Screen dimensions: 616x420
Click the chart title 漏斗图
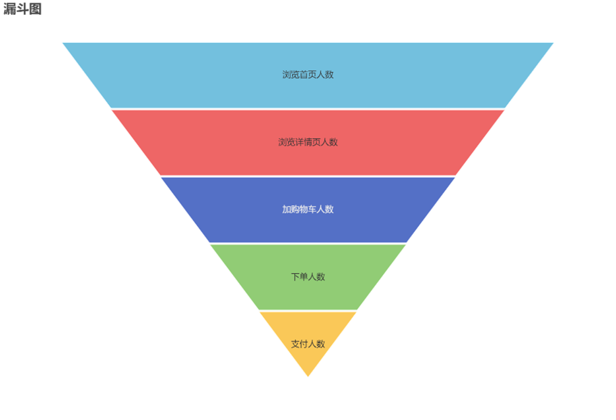click(22, 9)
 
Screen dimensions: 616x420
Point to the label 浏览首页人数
click(308, 74)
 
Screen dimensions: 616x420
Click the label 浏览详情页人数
click(308, 142)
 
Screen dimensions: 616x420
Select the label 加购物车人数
click(308, 209)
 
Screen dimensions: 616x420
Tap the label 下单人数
click(308, 277)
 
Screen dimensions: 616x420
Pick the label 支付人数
click(308, 344)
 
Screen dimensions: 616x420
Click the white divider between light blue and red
click(308, 109)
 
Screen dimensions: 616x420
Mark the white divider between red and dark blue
click(308, 176)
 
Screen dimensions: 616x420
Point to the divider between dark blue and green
click(308, 243)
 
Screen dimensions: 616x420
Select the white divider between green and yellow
click(308, 311)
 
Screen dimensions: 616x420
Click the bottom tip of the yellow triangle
click(308, 376)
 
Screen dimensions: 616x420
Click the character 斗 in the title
click(22, 9)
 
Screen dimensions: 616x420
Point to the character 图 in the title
click(35, 9)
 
